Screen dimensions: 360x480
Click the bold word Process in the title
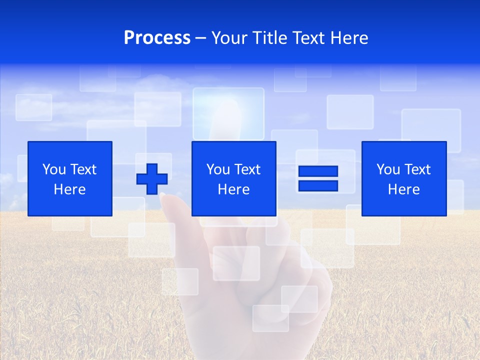click(x=157, y=38)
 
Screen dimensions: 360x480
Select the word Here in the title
click(x=348, y=38)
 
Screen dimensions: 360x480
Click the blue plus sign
click(x=152, y=179)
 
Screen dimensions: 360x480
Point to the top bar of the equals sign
click(x=318, y=171)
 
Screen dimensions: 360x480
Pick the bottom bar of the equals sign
click(x=318, y=185)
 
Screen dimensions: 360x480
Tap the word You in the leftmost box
click(x=53, y=169)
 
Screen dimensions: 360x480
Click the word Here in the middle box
click(x=234, y=189)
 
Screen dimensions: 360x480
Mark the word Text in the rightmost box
click(x=418, y=169)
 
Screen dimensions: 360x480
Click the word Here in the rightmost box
click(x=404, y=189)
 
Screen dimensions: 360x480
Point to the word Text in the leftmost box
click(x=83, y=169)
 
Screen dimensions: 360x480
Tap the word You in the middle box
click(x=218, y=169)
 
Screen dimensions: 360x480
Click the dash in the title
click(x=201, y=38)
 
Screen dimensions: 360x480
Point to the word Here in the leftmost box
click(x=70, y=189)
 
